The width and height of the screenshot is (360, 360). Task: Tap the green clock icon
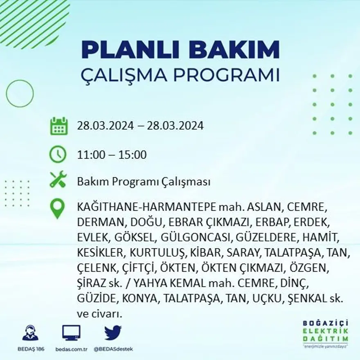[58, 154]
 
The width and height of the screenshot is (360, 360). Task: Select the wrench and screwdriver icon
[58, 180]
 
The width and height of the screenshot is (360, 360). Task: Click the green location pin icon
[57, 208]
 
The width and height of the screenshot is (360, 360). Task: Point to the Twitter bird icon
[113, 333]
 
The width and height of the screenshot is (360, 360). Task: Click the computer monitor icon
[71, 333]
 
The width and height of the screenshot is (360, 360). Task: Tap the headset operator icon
[30, 333]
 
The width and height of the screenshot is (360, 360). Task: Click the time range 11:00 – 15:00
[112, 155]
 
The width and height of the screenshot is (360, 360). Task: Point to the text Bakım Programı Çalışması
[144, 182]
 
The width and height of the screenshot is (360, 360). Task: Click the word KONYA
[139, 299]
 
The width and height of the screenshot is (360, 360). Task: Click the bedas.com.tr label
[71, 349]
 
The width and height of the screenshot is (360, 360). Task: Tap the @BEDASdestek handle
[113, 349]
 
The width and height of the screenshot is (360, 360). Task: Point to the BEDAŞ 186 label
[30, 349]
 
